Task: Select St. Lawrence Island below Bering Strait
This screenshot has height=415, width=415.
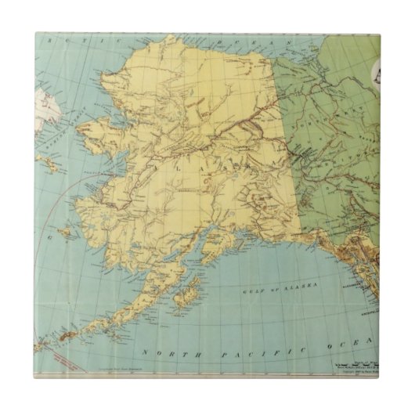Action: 49,163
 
